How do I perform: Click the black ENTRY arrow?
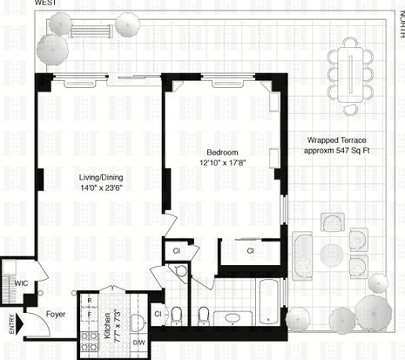[x=20, y=323]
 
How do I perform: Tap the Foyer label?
[x=56, y=314]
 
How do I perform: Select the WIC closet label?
[x=21, y=282]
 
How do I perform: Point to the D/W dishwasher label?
[x=139, y=343]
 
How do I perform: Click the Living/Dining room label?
[x=101, y=177]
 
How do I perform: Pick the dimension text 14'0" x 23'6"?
[x=101, y=188]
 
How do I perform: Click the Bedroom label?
[x=222, y=153]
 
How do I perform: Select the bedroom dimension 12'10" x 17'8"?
[x=223, y=162]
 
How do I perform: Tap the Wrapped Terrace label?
[x=337, y=140]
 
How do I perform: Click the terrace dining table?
[x=350, y=74]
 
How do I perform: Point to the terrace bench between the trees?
[x=91, y=31]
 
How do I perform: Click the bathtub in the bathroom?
[x=268, y=302]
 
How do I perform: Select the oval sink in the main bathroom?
[x=233, y=317]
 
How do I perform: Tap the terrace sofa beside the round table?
[x=302, y=255]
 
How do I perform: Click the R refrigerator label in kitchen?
[x=90, y=301]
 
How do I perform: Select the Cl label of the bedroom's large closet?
[x=250, y=251]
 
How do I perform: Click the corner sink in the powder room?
[x=181, y=271]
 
